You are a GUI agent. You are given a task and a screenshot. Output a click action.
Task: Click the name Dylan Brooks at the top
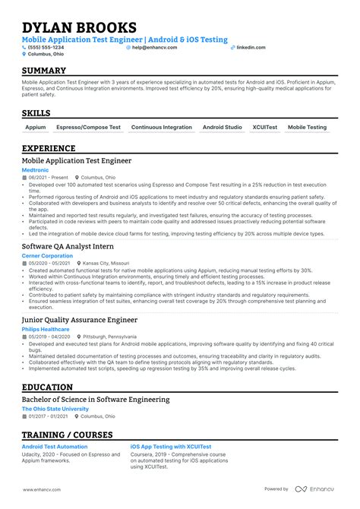click(80, 29)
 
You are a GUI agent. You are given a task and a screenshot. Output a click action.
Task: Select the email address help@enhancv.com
click(154, 47)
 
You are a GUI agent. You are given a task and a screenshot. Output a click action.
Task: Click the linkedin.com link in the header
click(251, 47)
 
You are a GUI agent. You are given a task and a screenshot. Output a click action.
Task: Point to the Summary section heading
click(44, 71)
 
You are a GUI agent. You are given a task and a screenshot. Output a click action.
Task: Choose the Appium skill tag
click(36, 128)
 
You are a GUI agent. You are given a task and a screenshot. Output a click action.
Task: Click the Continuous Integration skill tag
click(162, 128)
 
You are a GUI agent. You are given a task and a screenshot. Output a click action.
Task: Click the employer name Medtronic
click(35, 170)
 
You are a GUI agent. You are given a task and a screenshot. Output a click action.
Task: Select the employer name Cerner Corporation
click(47, 256)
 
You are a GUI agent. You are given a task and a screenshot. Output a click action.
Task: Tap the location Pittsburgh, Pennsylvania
click(111, 337)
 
